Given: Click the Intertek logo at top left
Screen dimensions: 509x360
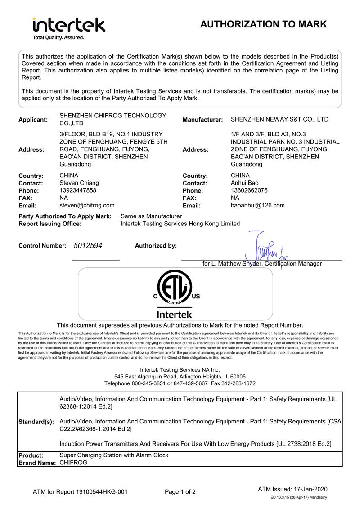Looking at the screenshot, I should click(68, 25).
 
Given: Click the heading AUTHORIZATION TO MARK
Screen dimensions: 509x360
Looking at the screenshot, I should click(263, 24).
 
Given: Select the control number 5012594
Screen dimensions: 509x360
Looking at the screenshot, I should click(89, 246).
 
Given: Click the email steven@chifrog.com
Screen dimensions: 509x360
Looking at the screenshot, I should click(87, 205).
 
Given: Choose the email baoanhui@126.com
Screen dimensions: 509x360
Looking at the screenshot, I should click(257, 205).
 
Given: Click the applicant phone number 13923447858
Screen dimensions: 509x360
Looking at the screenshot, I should click(78, 190).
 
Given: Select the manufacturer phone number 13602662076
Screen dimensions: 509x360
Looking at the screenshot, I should click(249, 190).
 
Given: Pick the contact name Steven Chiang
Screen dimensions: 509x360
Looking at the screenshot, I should click(79, 183).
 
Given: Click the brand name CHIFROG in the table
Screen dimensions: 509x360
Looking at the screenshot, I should click(73, 462).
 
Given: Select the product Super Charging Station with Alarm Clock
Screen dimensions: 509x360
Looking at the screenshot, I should click(114, 455).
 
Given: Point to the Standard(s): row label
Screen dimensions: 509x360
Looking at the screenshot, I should click(36, 422).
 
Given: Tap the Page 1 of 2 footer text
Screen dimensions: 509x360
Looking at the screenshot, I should click(180, 492).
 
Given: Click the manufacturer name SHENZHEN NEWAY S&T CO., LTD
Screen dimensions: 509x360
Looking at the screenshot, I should click(279, 119).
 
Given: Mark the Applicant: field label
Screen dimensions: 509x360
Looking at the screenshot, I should click(33, 120).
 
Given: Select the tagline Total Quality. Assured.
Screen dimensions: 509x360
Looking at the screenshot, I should click(58, 37).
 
